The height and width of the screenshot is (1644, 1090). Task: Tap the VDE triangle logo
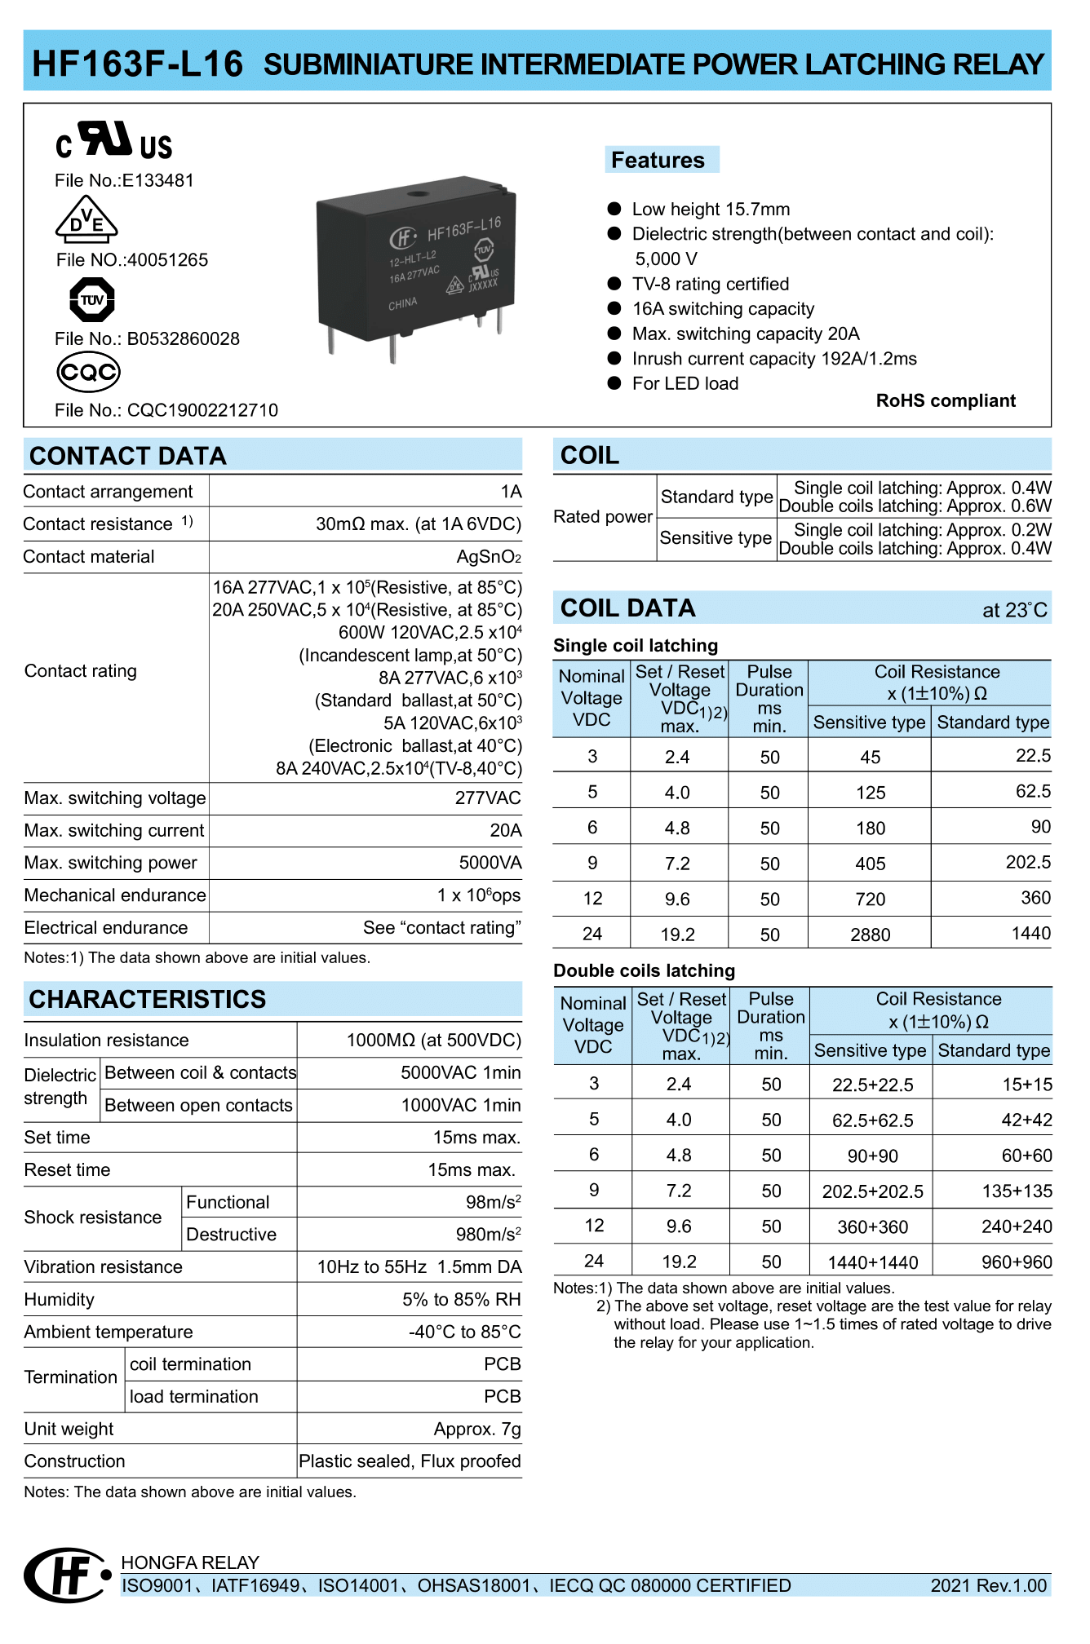tap(86, 220)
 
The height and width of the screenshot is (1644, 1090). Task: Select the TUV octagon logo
tap(92, 299)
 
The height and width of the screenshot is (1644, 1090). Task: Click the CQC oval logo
tap(88, 372)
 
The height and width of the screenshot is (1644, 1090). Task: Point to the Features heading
tap(658, 160)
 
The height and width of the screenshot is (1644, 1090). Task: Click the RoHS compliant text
tap(945, 400)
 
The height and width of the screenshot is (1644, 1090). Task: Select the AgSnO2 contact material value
tap(489, 557)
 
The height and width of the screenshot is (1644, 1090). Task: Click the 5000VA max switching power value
tap(490, 863)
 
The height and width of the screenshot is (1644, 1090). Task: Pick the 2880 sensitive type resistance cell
tap(870, 935)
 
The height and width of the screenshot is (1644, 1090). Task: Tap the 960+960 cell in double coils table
tap(1016, 1262)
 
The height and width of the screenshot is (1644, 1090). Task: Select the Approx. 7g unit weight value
tap(476, 1429)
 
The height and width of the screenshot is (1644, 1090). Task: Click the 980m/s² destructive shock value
tap(488, 1234)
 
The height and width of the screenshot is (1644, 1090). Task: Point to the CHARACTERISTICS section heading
tap(148, 999)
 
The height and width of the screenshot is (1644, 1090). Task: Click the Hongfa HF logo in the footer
tap(67, 1575)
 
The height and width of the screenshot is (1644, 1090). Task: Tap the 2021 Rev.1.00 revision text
tap(988, 1585)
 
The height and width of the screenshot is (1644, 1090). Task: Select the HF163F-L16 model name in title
tap(137, 64)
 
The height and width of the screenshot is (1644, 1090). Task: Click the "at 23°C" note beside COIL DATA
tap(1014, 610)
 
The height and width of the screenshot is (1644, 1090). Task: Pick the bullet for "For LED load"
tap(614, 383)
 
